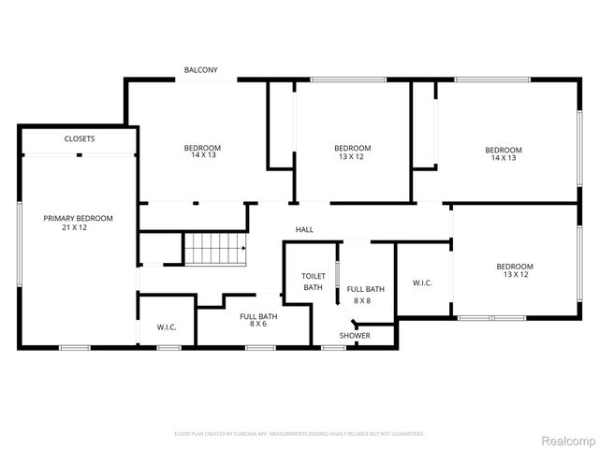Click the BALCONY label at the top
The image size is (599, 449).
[201, 70]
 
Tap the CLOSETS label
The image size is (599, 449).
[80, 138]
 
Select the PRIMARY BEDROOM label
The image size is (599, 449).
[79, 218]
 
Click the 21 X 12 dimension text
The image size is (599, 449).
[79, 227]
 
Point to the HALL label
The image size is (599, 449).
[305, 229]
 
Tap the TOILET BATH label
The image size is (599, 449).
[313, 282]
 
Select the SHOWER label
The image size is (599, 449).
[355, 335]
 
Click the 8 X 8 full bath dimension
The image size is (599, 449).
[360, 300]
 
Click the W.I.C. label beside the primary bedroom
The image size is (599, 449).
[167, 327]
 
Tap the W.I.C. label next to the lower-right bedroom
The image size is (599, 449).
[422, 282]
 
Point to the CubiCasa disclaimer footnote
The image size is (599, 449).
[299, 434]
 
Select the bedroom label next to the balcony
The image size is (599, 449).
[202, 148]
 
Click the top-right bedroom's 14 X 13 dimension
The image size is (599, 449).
[503, 158]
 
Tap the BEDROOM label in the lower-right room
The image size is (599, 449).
[514, 266]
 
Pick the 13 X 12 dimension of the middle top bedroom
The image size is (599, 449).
[353, 157]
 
